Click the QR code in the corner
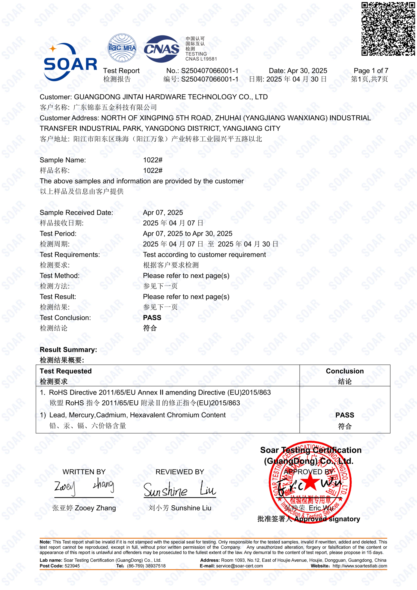tap(388, 29)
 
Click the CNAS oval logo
tap(161, 49)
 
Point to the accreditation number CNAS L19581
tap(201, 59)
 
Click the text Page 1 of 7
tap(371, 71)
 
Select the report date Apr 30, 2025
tap(307, 71)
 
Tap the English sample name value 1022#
tap(153, 160)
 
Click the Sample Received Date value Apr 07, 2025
tap(163, 212)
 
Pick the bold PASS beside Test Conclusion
tap(152, 318)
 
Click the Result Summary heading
tap(68, 349)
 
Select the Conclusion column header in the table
tap(345, 371)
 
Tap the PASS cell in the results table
tap(345, 415)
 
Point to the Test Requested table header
tap(66, 371)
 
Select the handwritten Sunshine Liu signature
tap(180, 489)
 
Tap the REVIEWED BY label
tap(180, 472)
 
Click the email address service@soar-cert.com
tap(239, 566)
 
